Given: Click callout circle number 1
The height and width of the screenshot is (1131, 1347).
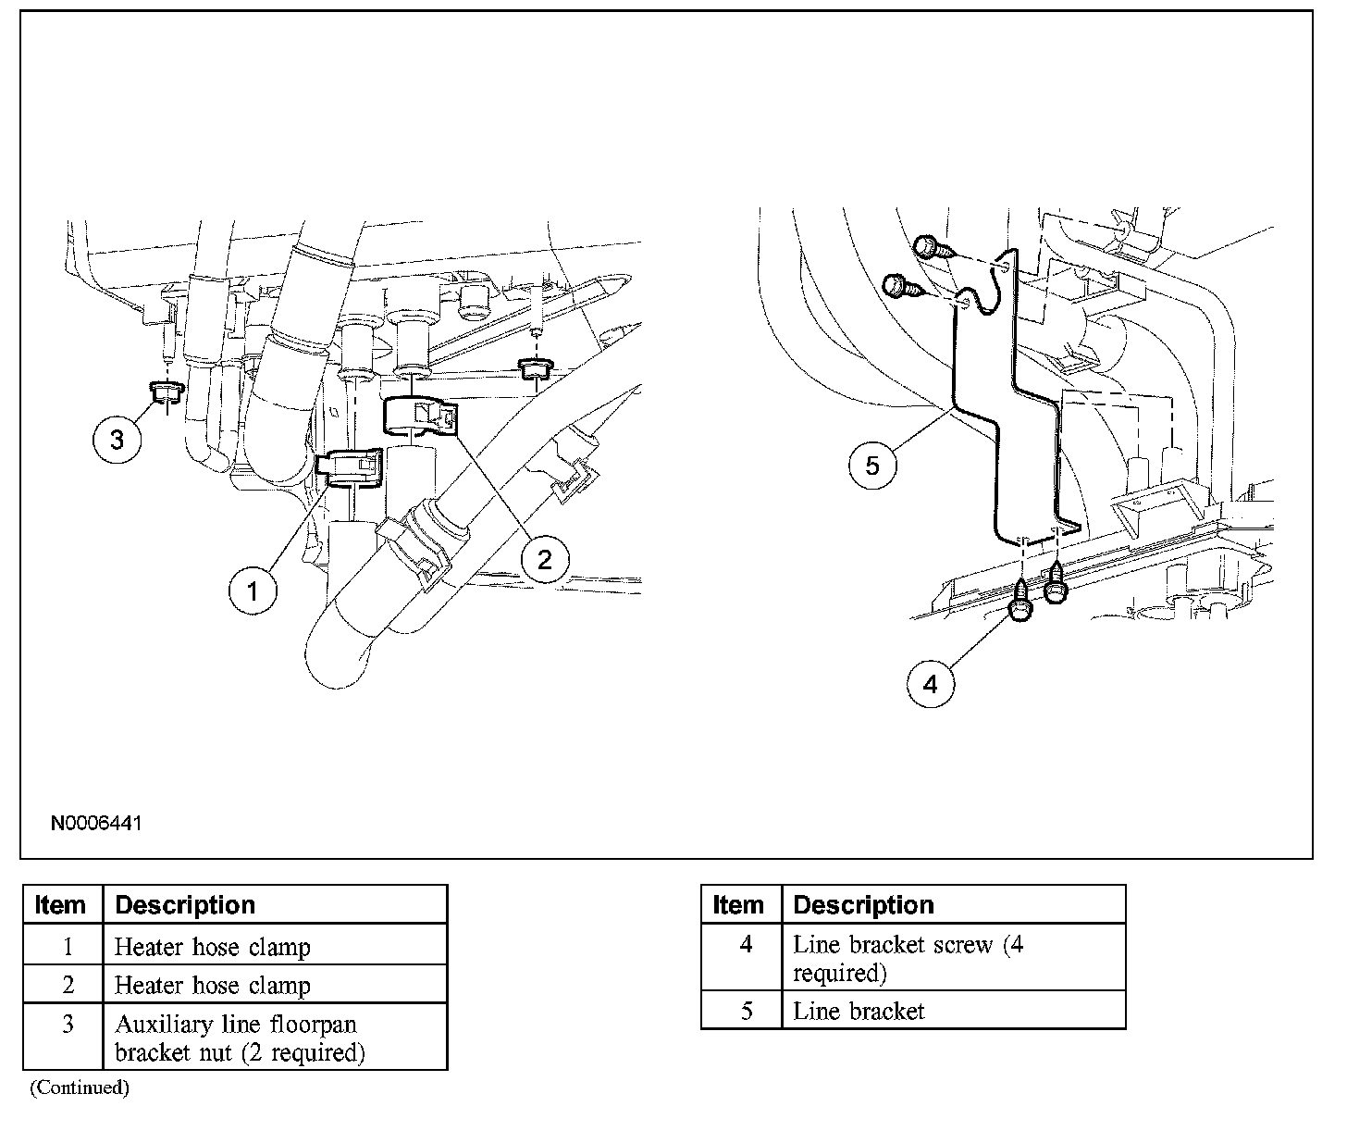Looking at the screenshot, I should click(253, 590).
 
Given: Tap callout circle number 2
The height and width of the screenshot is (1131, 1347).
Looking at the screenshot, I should click(544, 558).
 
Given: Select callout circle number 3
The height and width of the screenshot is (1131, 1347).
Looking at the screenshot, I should click(117, 439).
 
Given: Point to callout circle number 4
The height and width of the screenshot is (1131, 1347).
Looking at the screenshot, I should click(930, 684).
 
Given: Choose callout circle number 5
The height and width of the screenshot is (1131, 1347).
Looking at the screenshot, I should click(872, 465).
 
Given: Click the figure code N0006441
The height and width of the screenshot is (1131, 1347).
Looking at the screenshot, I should click(95, 823).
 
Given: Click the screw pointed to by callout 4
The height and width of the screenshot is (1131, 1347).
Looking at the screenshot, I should click(1021, 604).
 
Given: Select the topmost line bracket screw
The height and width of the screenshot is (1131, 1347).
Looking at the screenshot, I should click(928, 247).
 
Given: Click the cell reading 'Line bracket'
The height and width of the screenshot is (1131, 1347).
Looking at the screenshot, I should click(859, 1012).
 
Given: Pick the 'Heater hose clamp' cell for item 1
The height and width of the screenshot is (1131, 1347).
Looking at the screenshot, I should click(212, 947).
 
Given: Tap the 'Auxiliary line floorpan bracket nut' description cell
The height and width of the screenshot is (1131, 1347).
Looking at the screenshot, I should click(239, 1038).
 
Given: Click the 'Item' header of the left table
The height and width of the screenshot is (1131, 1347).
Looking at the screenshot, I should click(61, 904).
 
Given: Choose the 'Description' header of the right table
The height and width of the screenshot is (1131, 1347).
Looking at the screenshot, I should click(863, 904).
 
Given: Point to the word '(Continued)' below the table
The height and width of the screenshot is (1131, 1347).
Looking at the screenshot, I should click(79, 1087).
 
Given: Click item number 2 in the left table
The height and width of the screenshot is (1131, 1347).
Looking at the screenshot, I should click(68, 986).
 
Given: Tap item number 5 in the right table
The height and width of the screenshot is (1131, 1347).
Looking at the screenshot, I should click(747, 1012).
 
